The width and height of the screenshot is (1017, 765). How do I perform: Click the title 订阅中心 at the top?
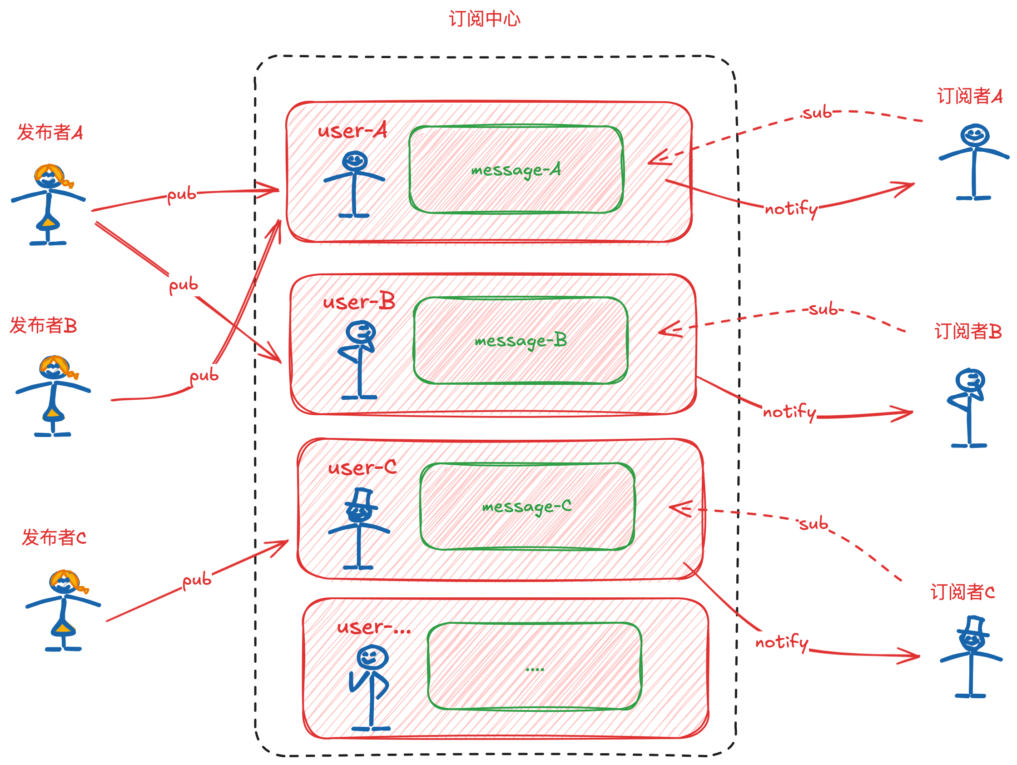point(485,20)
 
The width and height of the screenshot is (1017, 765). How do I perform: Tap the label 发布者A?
point(50,132)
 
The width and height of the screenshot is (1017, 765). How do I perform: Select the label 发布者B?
point(43,326)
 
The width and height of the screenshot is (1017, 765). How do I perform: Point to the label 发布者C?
point(54,537)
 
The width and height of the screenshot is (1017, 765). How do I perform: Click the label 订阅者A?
point(970,96)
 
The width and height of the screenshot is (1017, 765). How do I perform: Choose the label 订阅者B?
point(968,332)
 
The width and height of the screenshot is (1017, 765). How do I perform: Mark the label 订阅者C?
point(962,592)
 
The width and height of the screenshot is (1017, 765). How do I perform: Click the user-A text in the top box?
point(352,131)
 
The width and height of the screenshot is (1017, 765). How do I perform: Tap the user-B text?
point(359,302)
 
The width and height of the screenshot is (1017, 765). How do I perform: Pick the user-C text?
point(362,468)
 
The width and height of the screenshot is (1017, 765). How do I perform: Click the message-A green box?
point(516,169)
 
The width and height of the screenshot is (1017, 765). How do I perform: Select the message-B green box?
point(521,340)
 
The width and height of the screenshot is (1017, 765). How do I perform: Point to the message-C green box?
point(527,506)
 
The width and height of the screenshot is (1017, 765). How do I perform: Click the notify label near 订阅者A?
point(791,209)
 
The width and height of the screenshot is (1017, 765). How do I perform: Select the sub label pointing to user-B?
point(823,309)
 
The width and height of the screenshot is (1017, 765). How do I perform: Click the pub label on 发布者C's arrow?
point(197,581)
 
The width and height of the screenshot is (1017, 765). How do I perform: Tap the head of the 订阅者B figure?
point(970,380)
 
